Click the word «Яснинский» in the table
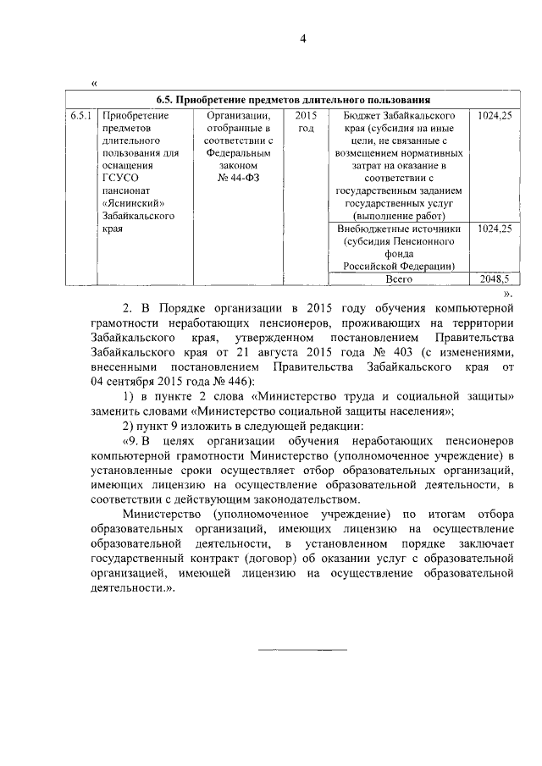coord(132,203)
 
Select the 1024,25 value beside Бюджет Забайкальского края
coord(495,114)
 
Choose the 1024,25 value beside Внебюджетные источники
coord(495,229)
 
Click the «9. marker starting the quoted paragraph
coord(135,442)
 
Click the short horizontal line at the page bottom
coord(302,650)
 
